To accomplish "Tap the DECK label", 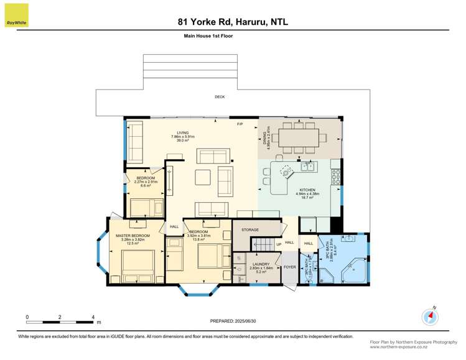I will click(x=220, y=97).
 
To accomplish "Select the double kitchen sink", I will click(x=307, y=166).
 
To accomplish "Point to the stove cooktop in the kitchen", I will click(x=336, y=177).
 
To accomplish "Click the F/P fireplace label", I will click(x=240, y=125).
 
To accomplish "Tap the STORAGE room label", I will click(x=250, y=230).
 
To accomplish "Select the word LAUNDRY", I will click(x=261, y=264).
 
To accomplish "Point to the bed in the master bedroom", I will click(x=138, y=267).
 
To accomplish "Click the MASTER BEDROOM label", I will click(x=133, y=236).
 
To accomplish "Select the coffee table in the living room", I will click(x=203, y=175).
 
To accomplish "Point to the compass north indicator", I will click(x=430, y=316).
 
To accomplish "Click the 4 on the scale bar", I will click(x=93, y=317).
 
